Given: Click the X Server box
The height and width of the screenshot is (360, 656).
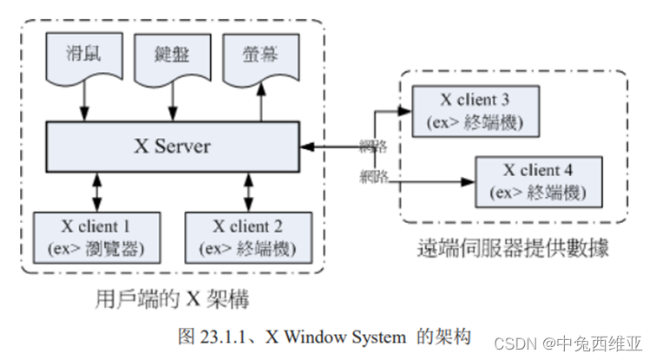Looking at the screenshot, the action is [x=173, y=147].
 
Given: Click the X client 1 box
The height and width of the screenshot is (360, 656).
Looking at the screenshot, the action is [x=97, y=238].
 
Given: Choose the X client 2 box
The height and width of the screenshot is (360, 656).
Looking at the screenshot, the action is [x=248, y=238].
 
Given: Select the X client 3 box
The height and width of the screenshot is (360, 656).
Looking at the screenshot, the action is [x=476, y=111].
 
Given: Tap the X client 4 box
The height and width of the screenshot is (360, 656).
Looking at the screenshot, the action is [x=539, y=182].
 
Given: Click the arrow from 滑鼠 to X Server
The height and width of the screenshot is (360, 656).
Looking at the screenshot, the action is [x=84, y=101].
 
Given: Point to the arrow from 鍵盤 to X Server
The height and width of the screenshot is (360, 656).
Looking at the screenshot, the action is [x=173, y=101].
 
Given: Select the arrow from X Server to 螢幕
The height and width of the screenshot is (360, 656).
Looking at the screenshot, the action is [x=261, y=101].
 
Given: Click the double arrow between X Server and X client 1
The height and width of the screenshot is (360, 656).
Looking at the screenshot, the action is [x=97, y=193].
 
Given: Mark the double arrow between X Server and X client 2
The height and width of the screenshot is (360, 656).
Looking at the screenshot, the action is [x=248, y=193].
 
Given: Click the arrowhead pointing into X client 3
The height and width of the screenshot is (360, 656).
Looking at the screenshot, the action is [x=404, y=111].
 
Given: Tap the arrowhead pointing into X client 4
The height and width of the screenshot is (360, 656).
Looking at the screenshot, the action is [x=468, y=182].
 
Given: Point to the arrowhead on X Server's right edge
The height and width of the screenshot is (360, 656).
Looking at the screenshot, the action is [x=307, y=147].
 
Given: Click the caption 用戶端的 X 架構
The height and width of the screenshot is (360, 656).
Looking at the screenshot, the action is [x=173, y=299].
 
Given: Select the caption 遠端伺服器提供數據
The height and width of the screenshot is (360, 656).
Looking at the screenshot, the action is [x=514, y=248].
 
